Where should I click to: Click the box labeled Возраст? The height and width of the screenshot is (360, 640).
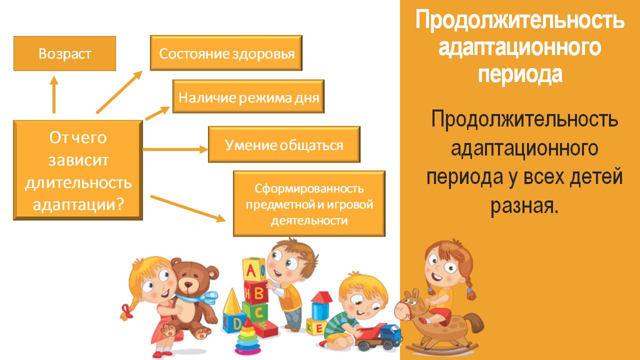[64, 53]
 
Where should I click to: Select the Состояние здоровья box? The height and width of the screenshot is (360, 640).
[226, 53]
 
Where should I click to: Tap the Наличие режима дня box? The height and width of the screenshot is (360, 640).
[248, 96]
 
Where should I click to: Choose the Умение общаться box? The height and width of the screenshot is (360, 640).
[284, 144]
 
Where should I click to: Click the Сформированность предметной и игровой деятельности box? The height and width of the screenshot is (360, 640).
[309, 203]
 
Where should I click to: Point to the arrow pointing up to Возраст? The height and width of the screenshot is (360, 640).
[53, 94]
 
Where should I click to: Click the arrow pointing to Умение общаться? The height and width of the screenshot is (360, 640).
[175, 149]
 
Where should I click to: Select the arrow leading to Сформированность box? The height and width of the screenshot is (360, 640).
[188, 208]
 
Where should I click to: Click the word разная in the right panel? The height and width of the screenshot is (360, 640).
[524, 205]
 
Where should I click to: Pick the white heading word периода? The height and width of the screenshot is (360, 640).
[520, 74]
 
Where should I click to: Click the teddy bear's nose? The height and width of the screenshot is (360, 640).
[188, 285]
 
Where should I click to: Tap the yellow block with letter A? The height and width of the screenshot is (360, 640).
[253, 269]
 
